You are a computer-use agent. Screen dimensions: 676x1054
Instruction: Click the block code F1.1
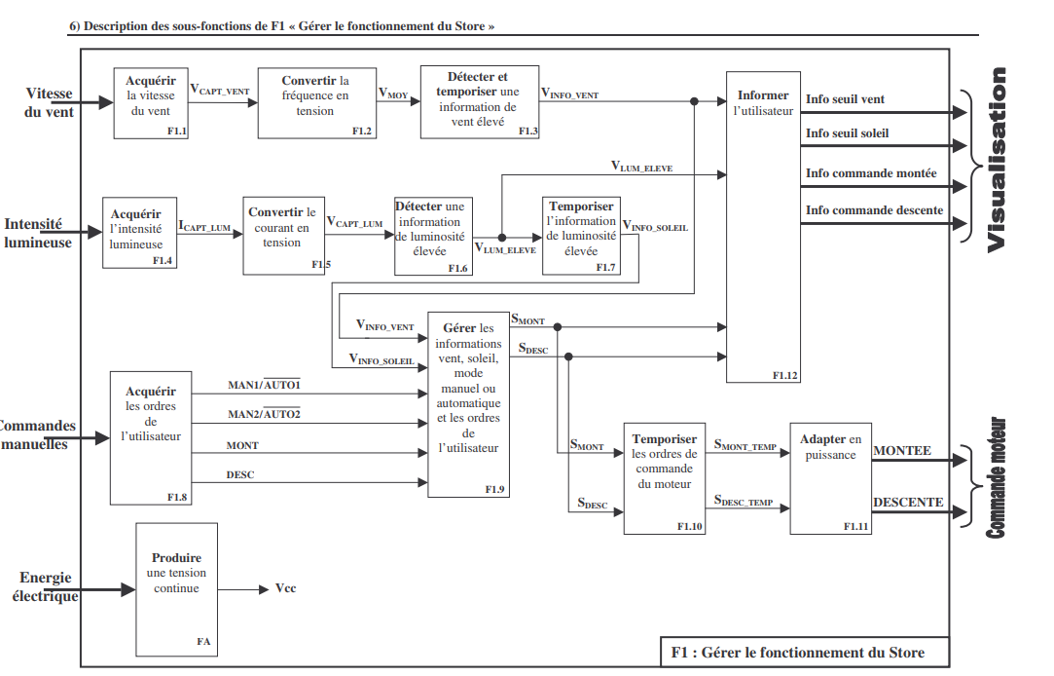coord(177,131)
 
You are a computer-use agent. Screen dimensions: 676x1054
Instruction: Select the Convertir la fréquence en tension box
coord(315,102)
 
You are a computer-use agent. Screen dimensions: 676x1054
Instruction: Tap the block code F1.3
coord(527,131)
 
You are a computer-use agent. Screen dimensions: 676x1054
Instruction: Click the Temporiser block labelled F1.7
coord(581,236)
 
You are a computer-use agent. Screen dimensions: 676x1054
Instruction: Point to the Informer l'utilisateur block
coord(763,227)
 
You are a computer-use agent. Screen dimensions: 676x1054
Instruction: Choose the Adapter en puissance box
coord(830,478)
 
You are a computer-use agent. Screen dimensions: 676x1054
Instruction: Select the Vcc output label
coord(285,589)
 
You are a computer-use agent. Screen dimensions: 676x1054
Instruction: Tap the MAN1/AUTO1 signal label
coord(265,385)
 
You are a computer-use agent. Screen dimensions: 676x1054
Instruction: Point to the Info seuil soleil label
coord(847,133)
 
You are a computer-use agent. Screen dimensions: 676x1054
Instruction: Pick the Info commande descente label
coord(874,210)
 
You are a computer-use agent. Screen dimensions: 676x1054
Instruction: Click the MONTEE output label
coord(902,451)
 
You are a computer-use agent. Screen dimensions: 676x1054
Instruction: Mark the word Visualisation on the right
coord(997,160)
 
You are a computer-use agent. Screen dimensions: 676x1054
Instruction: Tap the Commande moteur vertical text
coord(996,478)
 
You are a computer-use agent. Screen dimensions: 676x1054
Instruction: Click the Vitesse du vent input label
coord(50,102)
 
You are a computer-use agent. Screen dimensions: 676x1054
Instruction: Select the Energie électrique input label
coord(46,586)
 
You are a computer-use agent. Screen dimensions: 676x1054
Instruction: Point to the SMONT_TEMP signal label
coord(745,446)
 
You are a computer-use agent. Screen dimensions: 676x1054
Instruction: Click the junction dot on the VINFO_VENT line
coord(693,101)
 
